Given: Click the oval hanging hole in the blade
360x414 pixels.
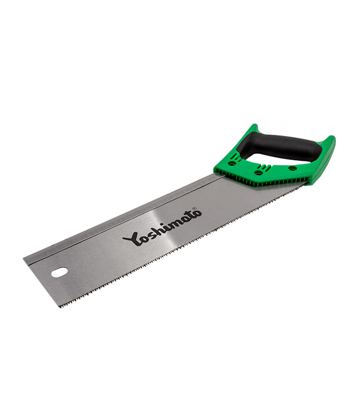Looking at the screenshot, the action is coord(60,272).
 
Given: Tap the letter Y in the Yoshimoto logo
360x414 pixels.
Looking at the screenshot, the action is coord(131,239).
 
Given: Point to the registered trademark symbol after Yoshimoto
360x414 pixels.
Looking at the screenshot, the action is coord(194,209).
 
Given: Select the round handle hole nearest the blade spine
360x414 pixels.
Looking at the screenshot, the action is coord(232,164).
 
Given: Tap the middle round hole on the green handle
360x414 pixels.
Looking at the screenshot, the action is coord(258,173).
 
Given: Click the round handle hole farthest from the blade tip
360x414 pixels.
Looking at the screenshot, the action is coord(293,167).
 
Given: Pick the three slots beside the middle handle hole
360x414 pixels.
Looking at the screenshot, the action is coord(264,167).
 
